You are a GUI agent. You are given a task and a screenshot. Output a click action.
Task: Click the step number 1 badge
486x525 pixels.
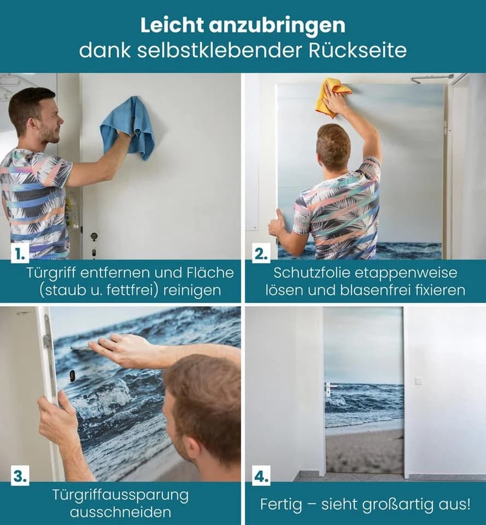20,254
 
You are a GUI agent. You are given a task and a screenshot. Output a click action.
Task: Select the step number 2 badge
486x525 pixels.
261,254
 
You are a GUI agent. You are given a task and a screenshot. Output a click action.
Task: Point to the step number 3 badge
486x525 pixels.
20,476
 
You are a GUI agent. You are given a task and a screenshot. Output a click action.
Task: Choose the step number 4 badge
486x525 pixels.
261,476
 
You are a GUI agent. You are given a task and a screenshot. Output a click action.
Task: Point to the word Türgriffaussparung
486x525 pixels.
120,495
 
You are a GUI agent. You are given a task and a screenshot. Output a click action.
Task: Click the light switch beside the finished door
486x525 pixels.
418,381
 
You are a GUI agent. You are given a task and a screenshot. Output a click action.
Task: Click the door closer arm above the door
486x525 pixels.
430,78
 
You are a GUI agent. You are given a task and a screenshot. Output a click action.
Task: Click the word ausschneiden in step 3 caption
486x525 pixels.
120,512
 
